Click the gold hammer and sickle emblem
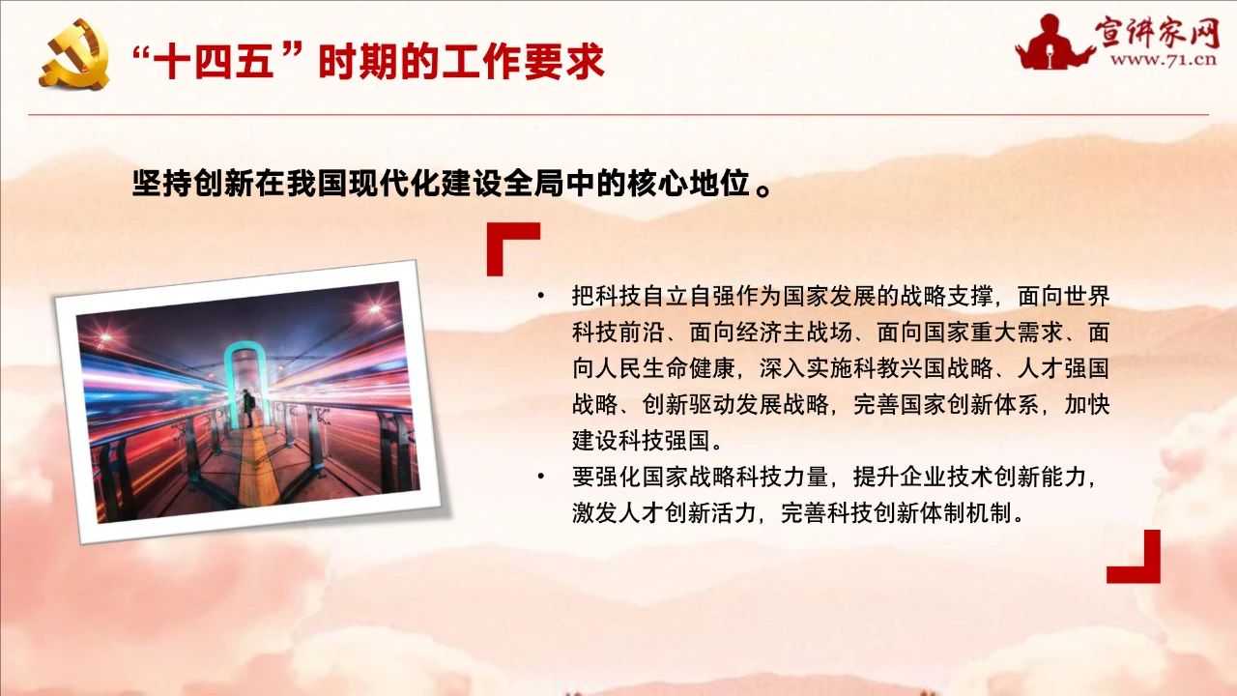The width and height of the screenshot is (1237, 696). pyautogui.click(x=74, y=54)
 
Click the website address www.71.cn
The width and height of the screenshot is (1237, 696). pyautogui.click(x=1163, y=60)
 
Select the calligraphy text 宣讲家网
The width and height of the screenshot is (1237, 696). pyautogui.click(x=1157, y=31)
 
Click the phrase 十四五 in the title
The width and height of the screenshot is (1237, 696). pyautogui.click(x=214, y=61)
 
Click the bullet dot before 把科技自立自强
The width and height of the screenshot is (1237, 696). pyautogui.click(x=540, y=296)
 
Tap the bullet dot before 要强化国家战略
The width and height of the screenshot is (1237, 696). pyautogui.click(x=540, y=477)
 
